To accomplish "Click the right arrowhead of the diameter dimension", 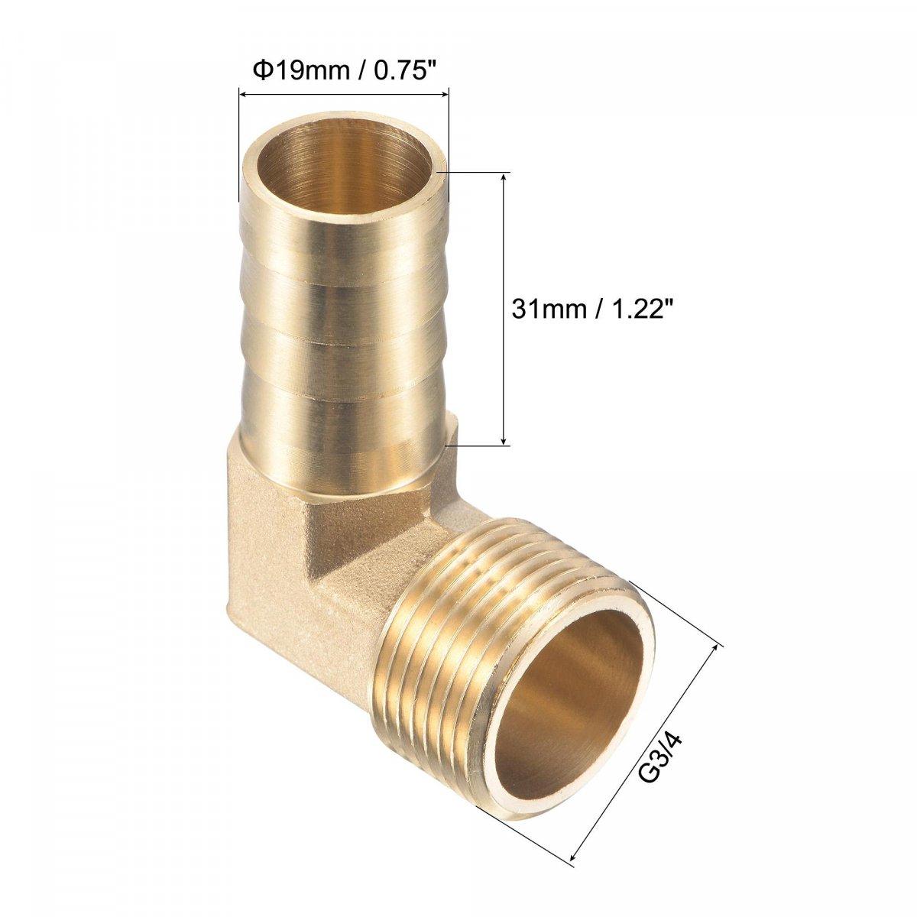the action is (442, 95).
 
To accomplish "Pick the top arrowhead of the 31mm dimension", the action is (504, 180).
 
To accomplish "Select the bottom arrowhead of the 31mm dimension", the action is (504, 439).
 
